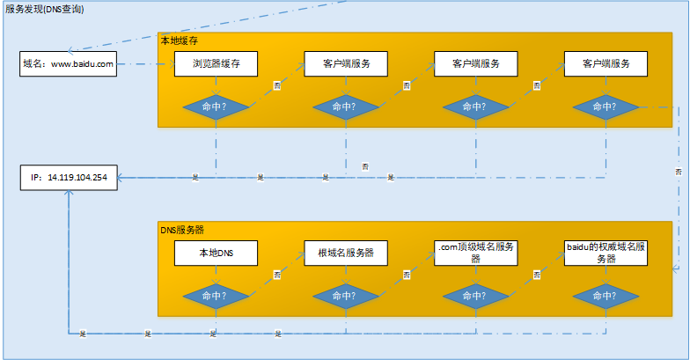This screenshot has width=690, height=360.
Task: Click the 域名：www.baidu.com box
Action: (68, 64)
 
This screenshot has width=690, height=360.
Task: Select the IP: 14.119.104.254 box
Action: (68, 177)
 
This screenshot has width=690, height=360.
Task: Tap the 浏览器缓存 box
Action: (216, 64)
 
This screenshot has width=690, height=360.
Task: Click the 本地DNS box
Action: (216, 253)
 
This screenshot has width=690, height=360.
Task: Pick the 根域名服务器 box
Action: (346, 253)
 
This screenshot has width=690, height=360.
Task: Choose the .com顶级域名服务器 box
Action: (475, 253)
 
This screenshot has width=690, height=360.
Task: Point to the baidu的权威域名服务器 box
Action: (606, 253)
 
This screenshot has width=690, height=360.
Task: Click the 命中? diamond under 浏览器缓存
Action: (216, 107)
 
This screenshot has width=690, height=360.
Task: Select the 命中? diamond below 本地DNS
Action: (216, 295)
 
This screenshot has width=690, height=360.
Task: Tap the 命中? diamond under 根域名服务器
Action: (346, 295)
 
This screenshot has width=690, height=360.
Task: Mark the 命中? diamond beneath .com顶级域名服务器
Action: (475, 295)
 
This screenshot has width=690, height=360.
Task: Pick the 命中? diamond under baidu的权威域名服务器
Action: (606, 295)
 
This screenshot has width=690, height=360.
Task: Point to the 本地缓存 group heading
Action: (178, 40)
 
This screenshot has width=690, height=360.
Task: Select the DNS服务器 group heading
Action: (182, 230)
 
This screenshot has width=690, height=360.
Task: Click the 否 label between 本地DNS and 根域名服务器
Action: (278, 274)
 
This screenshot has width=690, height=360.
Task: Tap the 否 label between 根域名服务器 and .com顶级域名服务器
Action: (407, 274)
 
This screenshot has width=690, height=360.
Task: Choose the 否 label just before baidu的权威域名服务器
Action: (537, 274)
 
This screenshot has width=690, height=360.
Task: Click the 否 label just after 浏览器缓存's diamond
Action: (278, 85)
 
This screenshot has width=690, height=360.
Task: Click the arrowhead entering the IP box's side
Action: (120, 177)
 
